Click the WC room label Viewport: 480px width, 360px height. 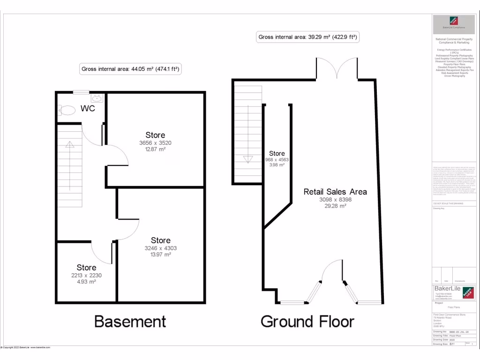tap(88, 109)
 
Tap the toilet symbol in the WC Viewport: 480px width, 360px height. tap(67, 110)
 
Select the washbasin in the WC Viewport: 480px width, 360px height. tap(97, 98)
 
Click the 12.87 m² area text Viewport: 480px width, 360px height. tap(155, 150)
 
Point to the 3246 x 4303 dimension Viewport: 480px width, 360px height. tap(161, 248)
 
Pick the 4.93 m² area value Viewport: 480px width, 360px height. tap(86, 282)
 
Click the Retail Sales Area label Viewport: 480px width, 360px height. tap(335, 192)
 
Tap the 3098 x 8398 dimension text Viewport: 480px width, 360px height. tap(335, 200)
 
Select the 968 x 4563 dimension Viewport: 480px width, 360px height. tap(277, 160)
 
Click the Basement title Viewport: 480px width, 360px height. tap(130, 322)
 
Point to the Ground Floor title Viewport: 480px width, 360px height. tap(307, 322)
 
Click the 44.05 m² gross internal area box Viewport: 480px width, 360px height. tap(131, 69)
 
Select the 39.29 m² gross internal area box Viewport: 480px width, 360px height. tap(308, 37)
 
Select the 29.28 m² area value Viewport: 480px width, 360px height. tap(335, 206)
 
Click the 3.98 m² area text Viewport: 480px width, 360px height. tap(277, 165)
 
